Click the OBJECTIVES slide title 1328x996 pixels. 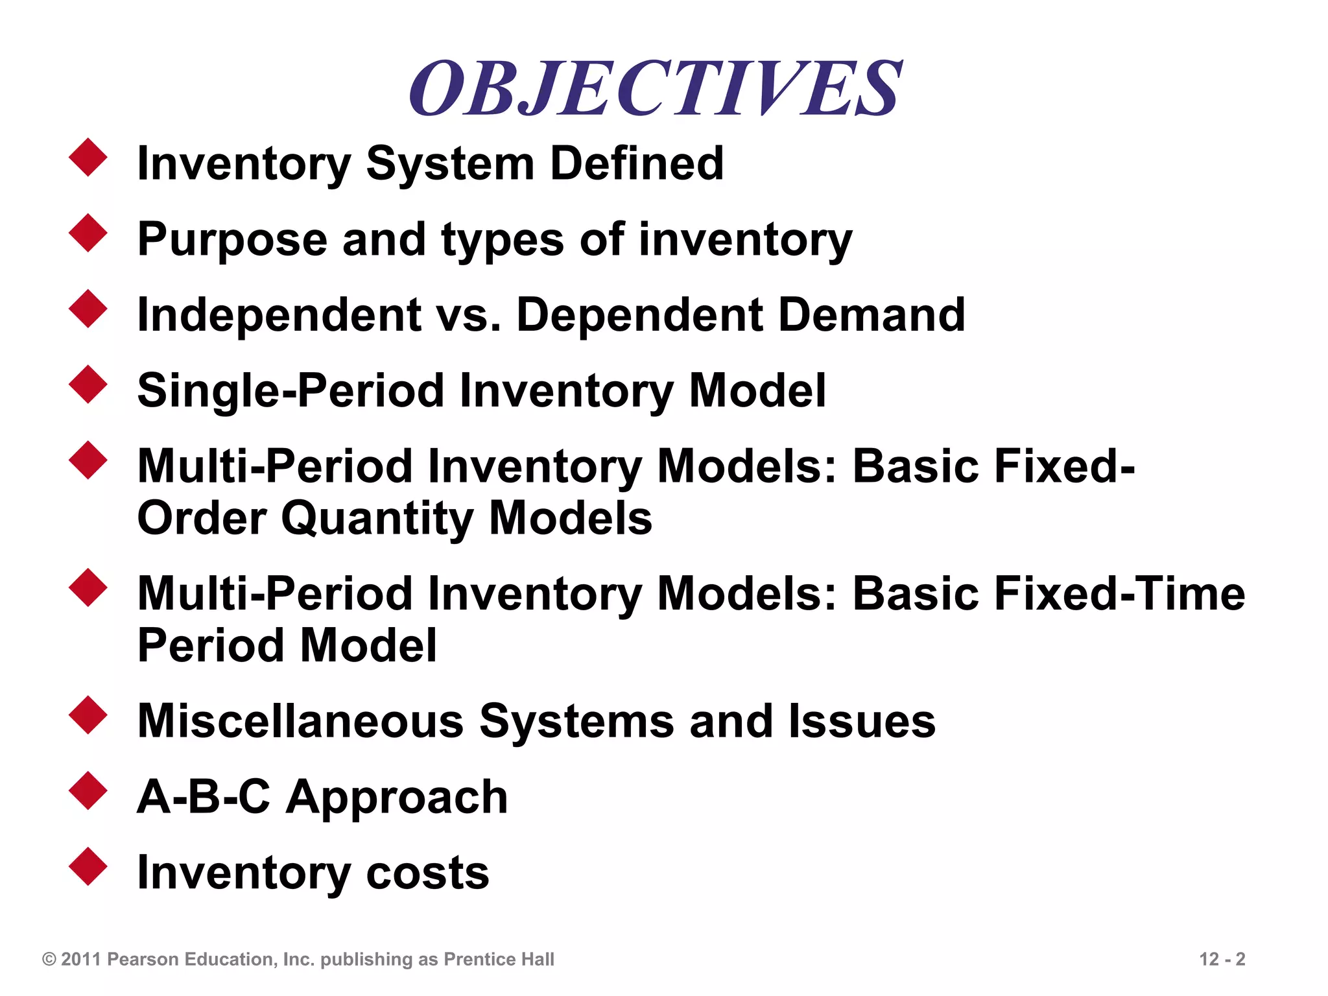[x=655, y=89]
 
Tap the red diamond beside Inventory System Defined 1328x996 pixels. [x=88, y=157]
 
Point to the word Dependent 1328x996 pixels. [x=639, y=315]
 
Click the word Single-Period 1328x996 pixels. [x=290, y=391]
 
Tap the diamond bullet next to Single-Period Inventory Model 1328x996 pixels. [x=88, y=385]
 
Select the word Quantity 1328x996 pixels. [x=377, y=518]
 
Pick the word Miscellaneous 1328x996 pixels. [x=300, y=721]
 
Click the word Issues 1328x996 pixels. [x=862, y=721]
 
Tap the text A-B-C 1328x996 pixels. [x=203, y=796]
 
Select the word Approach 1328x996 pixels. [x=397, y=798]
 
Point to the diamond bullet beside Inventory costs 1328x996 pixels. [x=88, y=866]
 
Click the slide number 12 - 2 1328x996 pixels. [x=1222, y=959]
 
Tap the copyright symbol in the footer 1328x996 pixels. [x=49, y=959]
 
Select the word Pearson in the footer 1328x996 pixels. [x=143, y=959]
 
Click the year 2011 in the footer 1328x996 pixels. [x=81, y=959]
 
